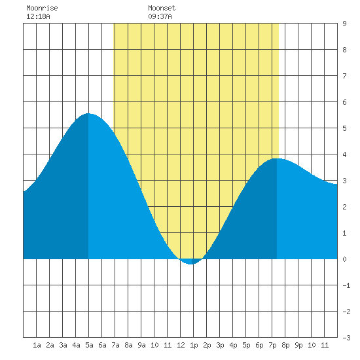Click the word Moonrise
point(42,8)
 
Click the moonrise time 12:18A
point(38,16)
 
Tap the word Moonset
point(162,8)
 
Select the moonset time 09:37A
point(160,16)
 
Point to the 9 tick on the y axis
point(344,24)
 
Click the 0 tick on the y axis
point(344,259)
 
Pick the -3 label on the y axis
point(346,338)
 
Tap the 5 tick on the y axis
point(344,128)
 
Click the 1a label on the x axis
point(37,345)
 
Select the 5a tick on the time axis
point(89,345)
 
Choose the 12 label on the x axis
point(181,345)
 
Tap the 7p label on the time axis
point(272,345)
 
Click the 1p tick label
point(194,345)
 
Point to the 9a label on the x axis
point(141,345)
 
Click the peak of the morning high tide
point(88,113)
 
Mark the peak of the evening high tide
point(277,158)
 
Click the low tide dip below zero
point(190,264)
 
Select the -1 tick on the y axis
point(346,285)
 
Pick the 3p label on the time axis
point(220,345)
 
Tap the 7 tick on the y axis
point(344,76)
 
